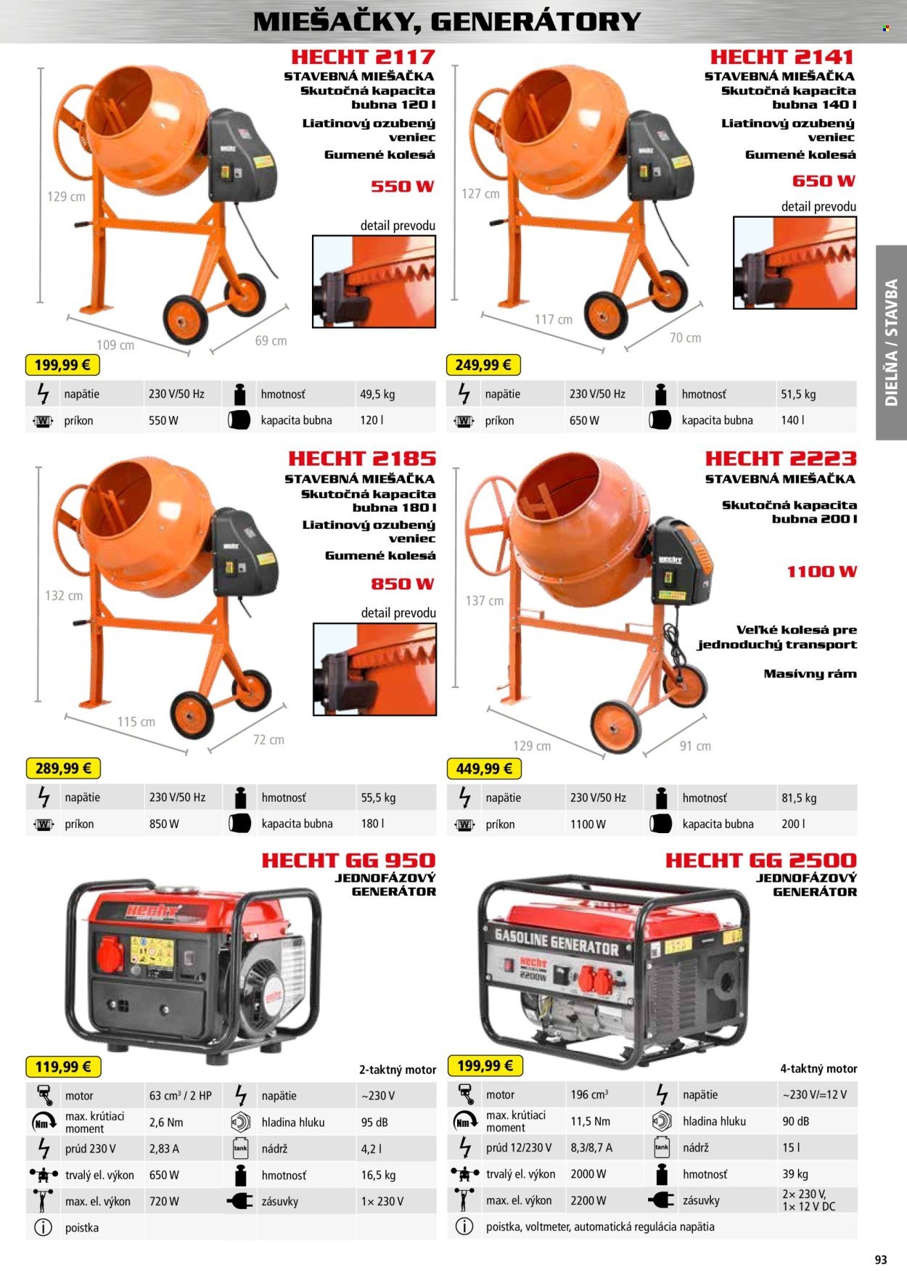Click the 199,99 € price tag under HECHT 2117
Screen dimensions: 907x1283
pyautogui.click(x=62, y=364)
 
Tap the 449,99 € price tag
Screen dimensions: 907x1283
pyautogui.click(x=484, y=768)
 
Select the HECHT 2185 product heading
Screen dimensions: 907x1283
pyautogui.click(x=362, y=459)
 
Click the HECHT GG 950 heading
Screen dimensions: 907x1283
pyautogui.click(x=348, y=861)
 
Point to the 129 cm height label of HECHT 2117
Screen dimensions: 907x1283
pyautogui.click(x=66, y=197)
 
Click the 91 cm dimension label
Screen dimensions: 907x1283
pyautogui.click(x=695, y=745)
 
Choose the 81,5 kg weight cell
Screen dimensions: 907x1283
pyautogui.click(x=799, y=798)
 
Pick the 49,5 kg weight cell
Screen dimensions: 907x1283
pyautogui.click(x=377, y=394)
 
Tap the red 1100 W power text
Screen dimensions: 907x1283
pyautogui.click(x=821, y=572)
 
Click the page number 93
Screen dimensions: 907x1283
pyautogui.click(x=881, y=1259)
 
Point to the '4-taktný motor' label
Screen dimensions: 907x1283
pyautogui.click(x=818, y=1068)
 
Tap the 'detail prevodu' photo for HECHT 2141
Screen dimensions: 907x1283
pyautogui.click(x=795, y=262)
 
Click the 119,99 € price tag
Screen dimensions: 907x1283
pyautogui.click(x=63, y=1066)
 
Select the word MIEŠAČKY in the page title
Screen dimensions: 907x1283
pyautogui.click(x=337, y=22)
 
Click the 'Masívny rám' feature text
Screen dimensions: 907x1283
pyautogui.click(x=810, y=673)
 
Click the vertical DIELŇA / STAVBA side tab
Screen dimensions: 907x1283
pyautogui.click(x=891, y=343)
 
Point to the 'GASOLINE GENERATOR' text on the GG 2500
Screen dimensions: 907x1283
pyautogui.click(x=557, y=941)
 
